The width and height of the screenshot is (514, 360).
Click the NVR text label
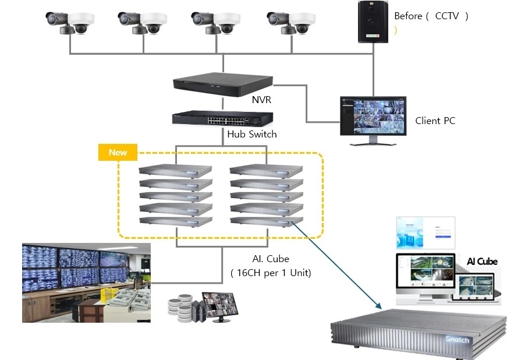coord(261,100)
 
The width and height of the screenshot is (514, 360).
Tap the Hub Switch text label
coord(252,135)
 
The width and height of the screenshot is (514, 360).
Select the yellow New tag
coord(118,153)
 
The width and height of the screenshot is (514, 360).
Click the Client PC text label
coord(435,121)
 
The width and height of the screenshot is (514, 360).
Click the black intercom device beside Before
coord(373,22)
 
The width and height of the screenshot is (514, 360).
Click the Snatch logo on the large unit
coord(457,340)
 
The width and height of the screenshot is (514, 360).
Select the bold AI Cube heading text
coord(482,262)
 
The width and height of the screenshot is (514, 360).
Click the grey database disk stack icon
coord(180,309)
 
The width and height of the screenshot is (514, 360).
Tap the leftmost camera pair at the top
coord(70,22)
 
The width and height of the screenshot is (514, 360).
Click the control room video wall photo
coord(86,283)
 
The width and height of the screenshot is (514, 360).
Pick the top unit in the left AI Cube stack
coord(175,171)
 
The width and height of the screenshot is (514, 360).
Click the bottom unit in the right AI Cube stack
coord(267,221)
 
